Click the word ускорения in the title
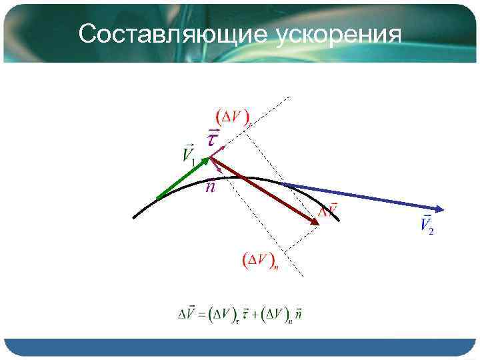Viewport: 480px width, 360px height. [x=338, y=33]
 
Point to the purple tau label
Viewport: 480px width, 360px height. [x=212, y=137]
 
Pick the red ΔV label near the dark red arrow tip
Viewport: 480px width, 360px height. [x=328, y=210]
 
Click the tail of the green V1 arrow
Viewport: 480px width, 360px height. [x=157, y=198]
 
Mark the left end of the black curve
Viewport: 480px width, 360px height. [x=135, y=217]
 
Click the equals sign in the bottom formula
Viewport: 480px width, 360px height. [x=202, y=313]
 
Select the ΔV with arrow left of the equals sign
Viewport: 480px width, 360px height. [x=187, y=313]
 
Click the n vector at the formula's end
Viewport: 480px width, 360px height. [x=298, y=313]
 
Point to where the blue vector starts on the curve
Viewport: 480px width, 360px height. [x=284, y=183]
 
